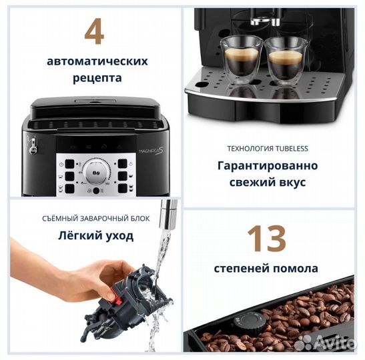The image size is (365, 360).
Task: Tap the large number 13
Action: pos(266,239)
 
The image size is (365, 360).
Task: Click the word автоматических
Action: pos(97,61)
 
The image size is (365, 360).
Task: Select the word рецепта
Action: pos(97,77)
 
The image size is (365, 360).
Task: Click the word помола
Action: pos(296,269)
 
